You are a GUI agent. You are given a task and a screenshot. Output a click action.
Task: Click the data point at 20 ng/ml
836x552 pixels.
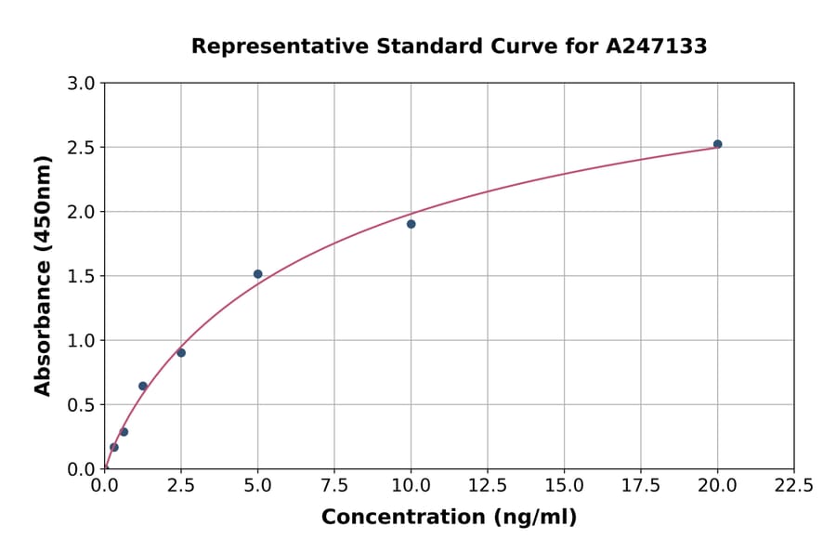[x=717, y=144]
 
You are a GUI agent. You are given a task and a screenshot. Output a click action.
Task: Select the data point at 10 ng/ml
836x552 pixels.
[x=411, y=224]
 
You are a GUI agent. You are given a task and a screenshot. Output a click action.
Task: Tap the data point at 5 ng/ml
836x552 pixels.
[x=258, y=274]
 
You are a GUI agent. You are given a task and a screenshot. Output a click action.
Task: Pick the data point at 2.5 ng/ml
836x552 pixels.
[x=181, y=353]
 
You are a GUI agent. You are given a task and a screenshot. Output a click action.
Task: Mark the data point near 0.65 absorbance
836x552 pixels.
[x=143, y=386]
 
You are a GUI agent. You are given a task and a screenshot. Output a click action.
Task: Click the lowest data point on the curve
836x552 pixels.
[x=114, y=447]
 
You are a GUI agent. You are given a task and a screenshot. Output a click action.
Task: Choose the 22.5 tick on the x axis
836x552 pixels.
[x=794, y=486]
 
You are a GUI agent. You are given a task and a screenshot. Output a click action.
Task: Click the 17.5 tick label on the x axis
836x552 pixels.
[x=641, y=486]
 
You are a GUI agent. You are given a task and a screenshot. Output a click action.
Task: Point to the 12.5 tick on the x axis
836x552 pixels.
[x=488, y=486]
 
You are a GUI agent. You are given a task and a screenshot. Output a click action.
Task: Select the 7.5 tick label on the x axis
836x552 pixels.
[x=334, y=486]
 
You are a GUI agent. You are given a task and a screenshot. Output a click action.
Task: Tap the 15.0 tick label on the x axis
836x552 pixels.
[x=564, y=486]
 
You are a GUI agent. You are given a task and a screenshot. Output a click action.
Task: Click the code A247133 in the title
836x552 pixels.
[x=657, y=46]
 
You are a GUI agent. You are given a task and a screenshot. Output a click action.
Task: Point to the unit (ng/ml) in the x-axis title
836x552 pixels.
[x=533, y=517]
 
